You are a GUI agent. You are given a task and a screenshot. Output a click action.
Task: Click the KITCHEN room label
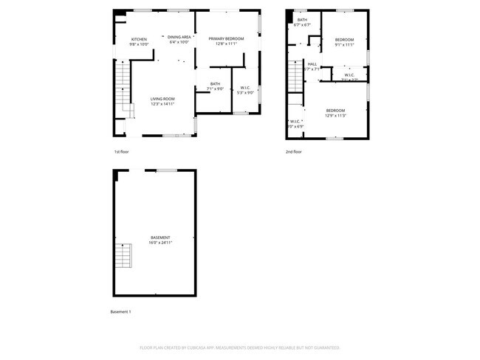coord(140,40)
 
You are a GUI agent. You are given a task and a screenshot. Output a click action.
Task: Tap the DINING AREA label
coord(179,37)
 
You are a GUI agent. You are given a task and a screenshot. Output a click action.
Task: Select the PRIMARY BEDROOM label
coord(226,38)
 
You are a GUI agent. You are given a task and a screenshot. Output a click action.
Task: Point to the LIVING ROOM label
coord(162,99)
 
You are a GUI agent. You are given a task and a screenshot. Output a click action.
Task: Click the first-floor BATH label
coord(215,84)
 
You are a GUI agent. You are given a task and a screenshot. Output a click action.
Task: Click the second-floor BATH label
coord(303,20)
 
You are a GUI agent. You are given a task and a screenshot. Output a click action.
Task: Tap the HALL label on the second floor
coord(312,64)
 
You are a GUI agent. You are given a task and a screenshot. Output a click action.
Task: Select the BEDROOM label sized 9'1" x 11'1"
coord(345,39)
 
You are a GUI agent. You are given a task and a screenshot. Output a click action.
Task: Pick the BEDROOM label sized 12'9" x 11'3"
coord(336,111)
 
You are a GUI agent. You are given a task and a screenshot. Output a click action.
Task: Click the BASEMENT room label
coord(160,238)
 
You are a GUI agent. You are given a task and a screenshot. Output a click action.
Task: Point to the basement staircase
coord(123,255)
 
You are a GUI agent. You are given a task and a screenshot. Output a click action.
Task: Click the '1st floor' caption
coord(122,152)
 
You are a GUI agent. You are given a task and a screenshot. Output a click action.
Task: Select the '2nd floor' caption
coord(294,152)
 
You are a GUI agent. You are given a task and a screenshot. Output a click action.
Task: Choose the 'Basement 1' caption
coord(120,312)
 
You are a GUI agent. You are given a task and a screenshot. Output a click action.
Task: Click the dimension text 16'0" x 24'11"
coord(160,243)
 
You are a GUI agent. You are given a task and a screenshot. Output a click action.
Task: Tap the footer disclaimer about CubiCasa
coord(239,347)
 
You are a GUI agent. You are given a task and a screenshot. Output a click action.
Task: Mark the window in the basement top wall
coord(166,170)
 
